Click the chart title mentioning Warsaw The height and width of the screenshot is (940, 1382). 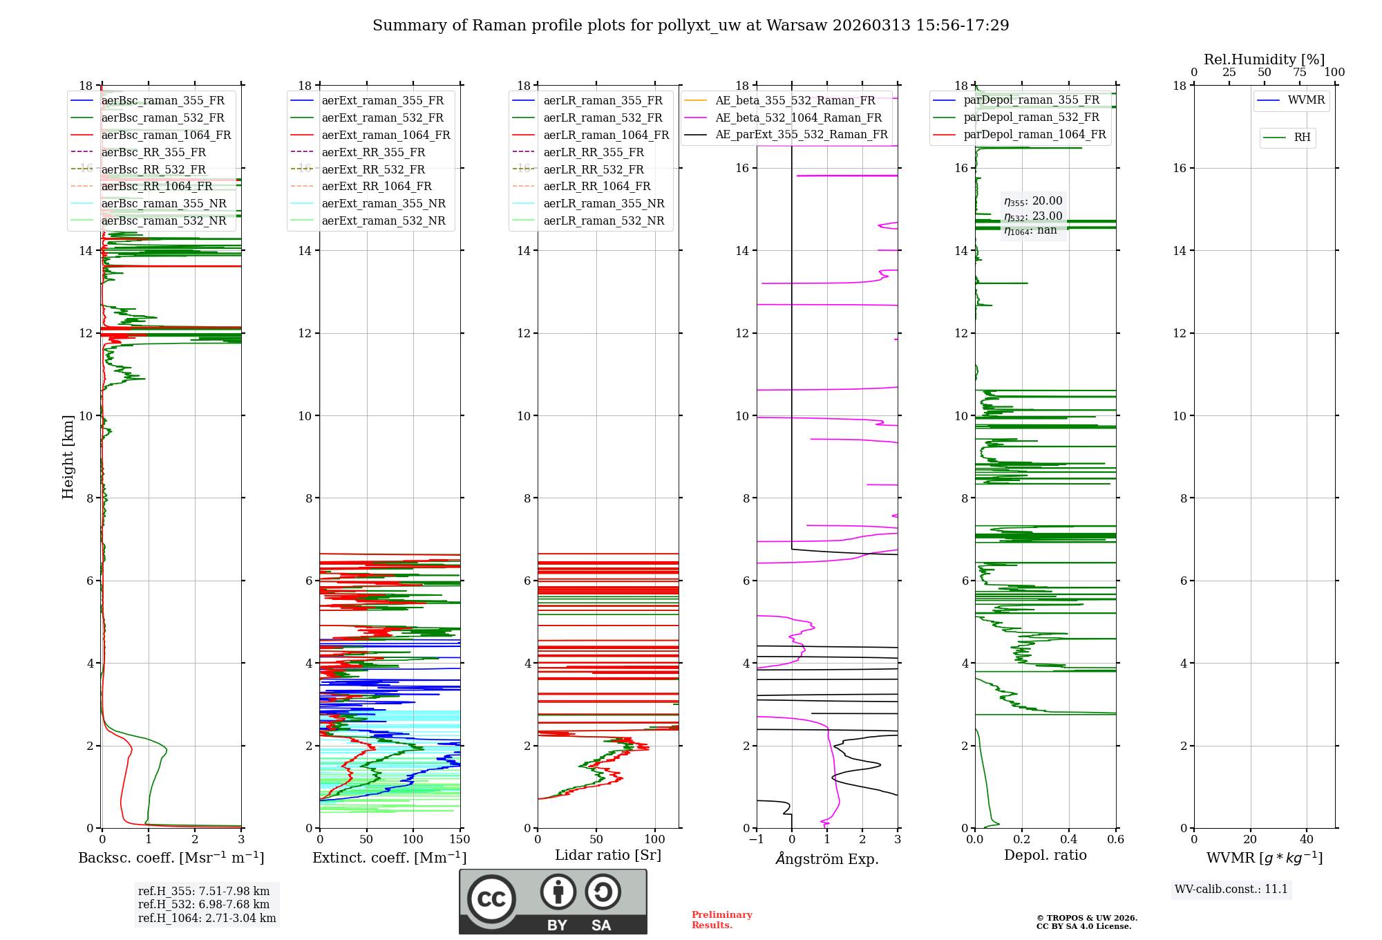[690, 26]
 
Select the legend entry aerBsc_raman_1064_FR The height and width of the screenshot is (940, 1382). [166, 135]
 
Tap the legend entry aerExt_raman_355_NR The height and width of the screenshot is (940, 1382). [384, 203]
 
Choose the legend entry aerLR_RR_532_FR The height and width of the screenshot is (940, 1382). [594, 169]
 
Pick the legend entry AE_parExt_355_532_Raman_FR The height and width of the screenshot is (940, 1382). [802, 134]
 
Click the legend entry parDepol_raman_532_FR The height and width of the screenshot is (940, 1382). [1031, 117]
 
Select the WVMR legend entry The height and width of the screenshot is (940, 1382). [1306, 100]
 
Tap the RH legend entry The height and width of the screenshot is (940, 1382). [1302, 138]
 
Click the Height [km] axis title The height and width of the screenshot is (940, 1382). [68, 457]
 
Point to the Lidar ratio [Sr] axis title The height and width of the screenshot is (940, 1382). [608, 855]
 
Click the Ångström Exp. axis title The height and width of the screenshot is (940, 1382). [827, 858]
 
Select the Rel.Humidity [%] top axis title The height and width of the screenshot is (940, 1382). [1264, 59]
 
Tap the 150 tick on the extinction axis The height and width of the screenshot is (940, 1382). [460, 840]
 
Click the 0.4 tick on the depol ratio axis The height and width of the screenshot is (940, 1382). [1069, 840]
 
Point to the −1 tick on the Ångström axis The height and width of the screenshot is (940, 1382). [757, 840]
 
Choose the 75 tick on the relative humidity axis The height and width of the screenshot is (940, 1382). [1300, 73]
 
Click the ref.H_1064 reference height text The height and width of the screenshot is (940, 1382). [207, 918]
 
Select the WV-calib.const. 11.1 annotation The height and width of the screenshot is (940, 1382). [1231, 889]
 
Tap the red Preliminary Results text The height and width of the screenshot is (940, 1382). [721, 919]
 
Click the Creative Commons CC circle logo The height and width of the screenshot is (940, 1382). [491, 899]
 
